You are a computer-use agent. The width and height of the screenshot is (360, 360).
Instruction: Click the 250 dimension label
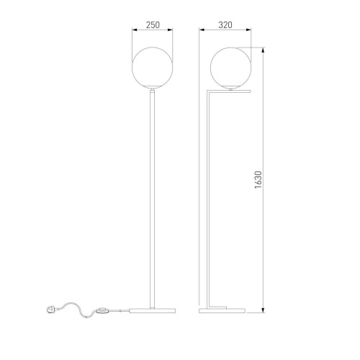153,25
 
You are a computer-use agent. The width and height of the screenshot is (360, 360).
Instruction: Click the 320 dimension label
225,25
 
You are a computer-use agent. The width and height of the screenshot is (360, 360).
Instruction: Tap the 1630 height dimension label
258,180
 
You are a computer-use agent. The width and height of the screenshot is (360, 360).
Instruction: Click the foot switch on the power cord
102,311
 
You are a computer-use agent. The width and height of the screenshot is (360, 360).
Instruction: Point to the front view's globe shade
152,68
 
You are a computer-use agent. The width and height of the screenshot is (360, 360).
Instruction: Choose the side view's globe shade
231,68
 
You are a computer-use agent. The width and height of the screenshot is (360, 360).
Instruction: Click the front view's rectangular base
152,311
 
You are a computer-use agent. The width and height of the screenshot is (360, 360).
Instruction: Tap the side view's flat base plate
222,311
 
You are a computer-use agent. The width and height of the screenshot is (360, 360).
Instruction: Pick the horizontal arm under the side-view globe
229,91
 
